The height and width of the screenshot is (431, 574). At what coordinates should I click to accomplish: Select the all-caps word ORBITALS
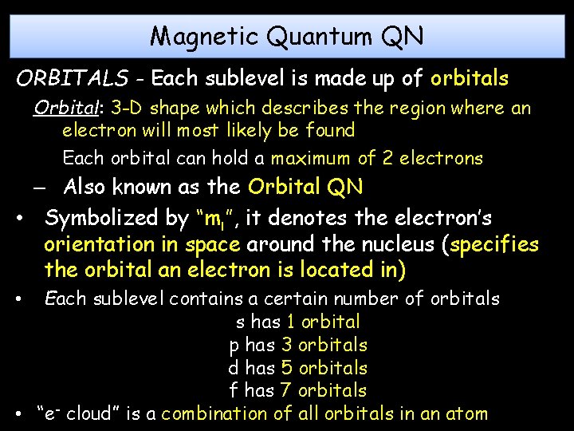click(x=73, y=79)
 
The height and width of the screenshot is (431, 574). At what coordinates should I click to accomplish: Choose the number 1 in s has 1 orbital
click(x=292, y=322)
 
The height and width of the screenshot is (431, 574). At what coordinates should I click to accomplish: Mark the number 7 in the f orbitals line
click(x=285, y=390)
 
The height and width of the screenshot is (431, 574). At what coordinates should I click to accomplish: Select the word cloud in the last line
click(x=89, y=413)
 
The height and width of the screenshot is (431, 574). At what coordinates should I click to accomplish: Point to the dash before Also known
click(x=39, y=189)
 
